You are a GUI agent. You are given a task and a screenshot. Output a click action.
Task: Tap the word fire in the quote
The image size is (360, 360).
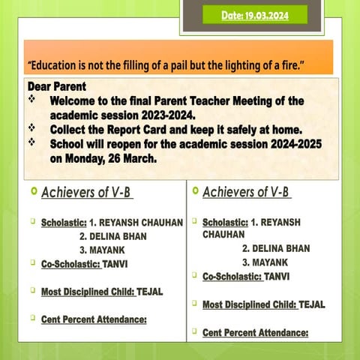coord(287,64)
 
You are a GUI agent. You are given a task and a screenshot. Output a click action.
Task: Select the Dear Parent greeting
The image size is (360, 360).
coord(56,86)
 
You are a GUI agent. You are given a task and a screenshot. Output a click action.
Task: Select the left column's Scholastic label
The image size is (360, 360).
coord(64,223)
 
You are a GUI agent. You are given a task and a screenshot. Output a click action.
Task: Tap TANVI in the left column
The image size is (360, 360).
coord(116,263)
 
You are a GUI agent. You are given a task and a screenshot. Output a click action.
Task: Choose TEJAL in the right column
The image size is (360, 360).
coord(312,304)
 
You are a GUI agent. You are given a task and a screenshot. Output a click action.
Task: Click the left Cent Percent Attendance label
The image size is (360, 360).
coord(93,319)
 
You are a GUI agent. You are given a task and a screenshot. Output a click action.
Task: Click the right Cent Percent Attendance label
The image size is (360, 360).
coord(255,332)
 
